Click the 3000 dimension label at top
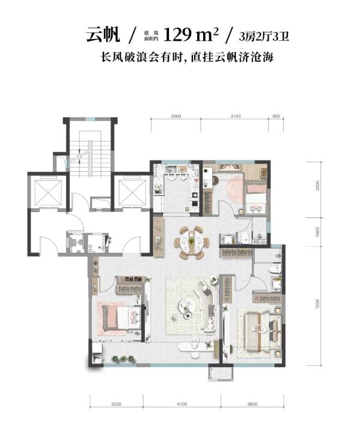point(176,116)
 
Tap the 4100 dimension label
point(236,116)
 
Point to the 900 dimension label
point(276,116)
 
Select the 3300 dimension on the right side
point(317,186)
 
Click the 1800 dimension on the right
point(317,232)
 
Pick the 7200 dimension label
point(317,304)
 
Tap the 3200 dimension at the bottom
point(117,404)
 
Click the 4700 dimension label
point(182,404)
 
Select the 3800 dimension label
point(252,404)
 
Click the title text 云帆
point(103,35)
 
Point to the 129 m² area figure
point(191,35)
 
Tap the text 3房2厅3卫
point(264,37)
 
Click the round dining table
point(191,242)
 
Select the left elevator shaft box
point(49,193)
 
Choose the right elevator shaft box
point(132,193)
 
